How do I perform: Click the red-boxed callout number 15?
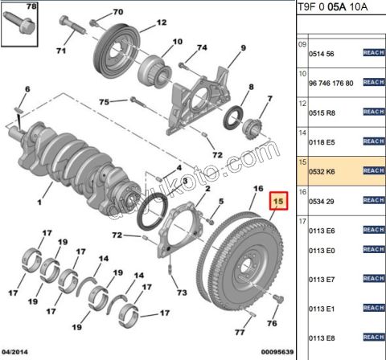click(x=278, y=202)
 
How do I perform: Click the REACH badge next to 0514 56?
click(x=373, y=53)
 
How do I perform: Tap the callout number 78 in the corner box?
click(x=31, y=7)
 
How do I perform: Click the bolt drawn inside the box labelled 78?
click(x=22, y=30)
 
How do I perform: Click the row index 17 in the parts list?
click(x=303, y=221)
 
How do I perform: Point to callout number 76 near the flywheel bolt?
click(x=270, y=323)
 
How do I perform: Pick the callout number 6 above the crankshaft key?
click(x=27, y=88)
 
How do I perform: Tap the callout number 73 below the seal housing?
click(x=182, y=292)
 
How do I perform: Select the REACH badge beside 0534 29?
click(x=373, y=199)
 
